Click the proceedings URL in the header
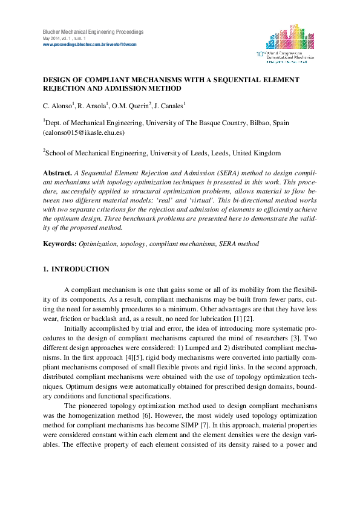[x=89, y=44]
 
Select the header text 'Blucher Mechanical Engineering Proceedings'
[x=93, y=31]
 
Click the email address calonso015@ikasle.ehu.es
[x=83, y=132]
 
